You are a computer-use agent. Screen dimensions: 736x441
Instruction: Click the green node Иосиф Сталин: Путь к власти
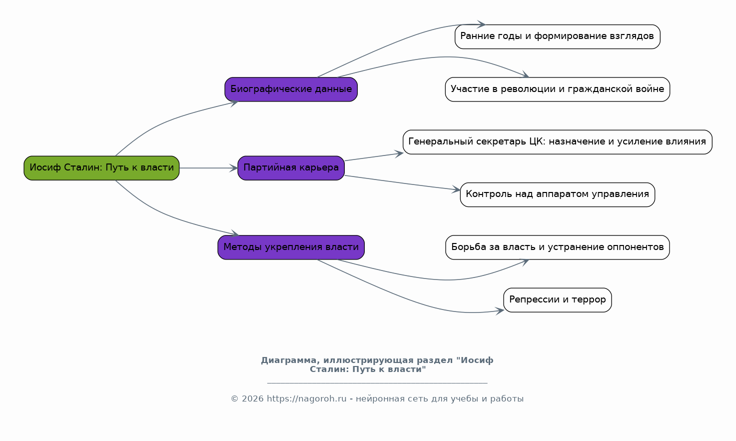(x=101, y=168)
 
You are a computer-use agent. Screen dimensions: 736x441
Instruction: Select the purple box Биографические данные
(x=291, y=89)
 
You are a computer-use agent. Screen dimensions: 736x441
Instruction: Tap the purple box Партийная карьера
(x=291, y=168)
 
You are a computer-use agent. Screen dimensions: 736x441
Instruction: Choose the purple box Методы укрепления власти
(x=291, y=247)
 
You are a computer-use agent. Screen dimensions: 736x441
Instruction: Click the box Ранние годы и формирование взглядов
(x=558, y=36)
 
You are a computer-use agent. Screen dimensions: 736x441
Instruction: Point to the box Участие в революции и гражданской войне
(x=558, y=89)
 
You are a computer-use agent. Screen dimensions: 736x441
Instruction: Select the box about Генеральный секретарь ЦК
(x=558, y=142)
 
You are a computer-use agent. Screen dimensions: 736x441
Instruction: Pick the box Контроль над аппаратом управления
(x=558, y=194)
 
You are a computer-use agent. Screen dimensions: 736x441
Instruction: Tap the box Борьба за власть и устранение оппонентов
(x=558, y=247)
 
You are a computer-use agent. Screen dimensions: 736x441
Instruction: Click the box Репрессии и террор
(x=558, y=300)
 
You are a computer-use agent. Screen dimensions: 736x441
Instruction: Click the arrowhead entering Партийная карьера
(x=234, y=168)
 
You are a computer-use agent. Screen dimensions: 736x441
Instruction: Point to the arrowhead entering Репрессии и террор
(x=500, y=311)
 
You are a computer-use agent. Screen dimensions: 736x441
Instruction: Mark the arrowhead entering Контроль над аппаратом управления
(x=456, y=189)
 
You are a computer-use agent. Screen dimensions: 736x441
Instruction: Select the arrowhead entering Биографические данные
(x=234, y=103)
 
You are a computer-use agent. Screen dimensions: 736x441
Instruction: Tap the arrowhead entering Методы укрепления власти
(x=235, y=233)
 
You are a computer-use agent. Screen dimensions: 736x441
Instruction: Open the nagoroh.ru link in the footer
(x=307, y=399)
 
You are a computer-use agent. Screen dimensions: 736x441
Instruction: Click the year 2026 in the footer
(x=253, y=399)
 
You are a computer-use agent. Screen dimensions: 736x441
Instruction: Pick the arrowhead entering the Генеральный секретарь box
(x=399, y=153)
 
